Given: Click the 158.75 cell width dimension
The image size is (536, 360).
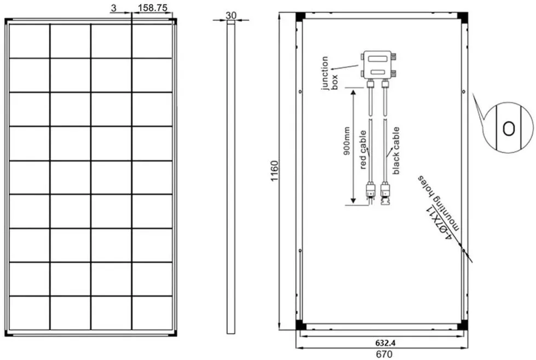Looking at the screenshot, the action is click(152, 8).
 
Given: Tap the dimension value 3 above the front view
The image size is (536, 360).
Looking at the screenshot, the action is click(114, 8).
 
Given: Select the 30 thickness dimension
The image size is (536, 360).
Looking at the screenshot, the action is click(231, 15).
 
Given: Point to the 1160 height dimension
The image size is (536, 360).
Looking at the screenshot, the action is click(274, 171).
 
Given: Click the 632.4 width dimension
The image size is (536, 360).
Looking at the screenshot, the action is click(385, 342).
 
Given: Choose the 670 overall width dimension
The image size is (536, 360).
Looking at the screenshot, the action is click(384, 354).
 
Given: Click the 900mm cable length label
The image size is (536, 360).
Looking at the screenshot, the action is click(347, 141).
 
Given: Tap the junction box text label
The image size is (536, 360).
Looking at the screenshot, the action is click(330, 73).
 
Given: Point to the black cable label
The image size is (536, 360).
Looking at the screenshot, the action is click(396, 150).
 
